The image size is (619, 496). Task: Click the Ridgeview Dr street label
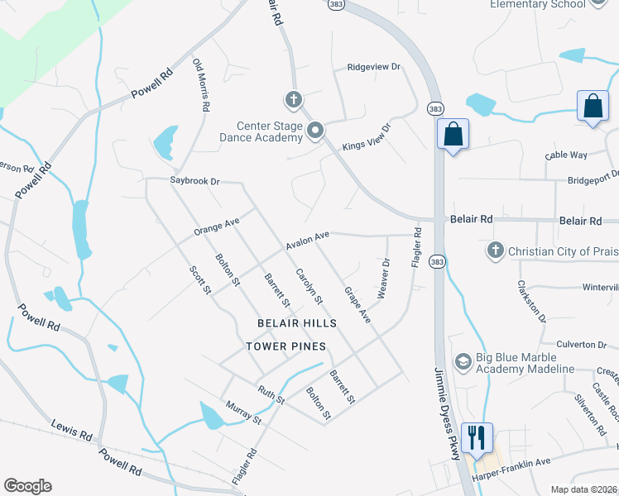tap(373, 67)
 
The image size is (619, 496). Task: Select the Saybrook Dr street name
tap(195, 181)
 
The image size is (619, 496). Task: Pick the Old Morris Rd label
tap(201, 85)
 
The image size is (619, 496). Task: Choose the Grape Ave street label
tap(357, 304)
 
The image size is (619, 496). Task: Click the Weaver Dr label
tap(383, 279)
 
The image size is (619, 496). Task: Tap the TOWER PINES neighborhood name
tap(286, 346)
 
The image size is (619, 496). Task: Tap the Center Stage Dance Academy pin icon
tap(314, 131)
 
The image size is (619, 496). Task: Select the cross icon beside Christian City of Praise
tap(495, 250)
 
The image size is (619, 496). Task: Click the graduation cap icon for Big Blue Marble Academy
tap(463, 361)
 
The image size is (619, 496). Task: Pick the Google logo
tap(27, 486)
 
